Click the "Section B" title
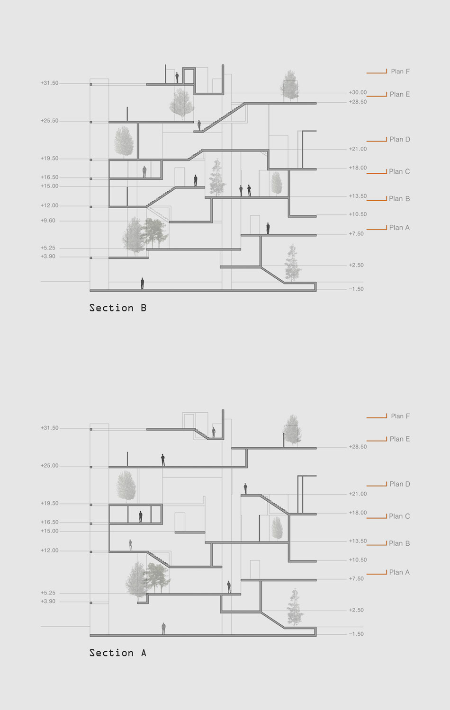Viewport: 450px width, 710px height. click(118, 308)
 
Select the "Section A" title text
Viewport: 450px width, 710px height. click(118, 653)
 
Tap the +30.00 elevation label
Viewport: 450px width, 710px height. click(358, 93)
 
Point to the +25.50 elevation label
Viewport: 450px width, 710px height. click(50, 121)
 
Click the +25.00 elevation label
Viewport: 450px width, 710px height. click(50, 466)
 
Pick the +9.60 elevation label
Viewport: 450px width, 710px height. click(48, 221)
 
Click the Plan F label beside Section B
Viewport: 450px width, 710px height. click(400, 71)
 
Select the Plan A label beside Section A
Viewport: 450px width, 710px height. click(399, 572)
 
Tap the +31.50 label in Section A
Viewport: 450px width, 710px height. click(50, 428)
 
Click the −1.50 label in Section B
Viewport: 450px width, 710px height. click(356, 289)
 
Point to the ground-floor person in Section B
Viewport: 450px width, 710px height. click(142, 283)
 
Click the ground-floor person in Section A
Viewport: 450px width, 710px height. click(163, 628)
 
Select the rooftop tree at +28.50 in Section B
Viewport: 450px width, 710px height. click(289, 86)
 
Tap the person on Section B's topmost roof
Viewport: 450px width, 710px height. click(177, 77)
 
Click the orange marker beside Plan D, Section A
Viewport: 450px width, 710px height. click(377, 485)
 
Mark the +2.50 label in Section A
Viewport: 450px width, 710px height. click(356, 610)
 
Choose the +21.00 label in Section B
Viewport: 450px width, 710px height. click(358, 149)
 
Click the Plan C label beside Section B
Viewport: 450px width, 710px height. click(399, 171)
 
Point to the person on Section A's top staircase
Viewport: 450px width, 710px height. click(214, 432)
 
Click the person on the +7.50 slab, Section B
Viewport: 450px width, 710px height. click(268, 228)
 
